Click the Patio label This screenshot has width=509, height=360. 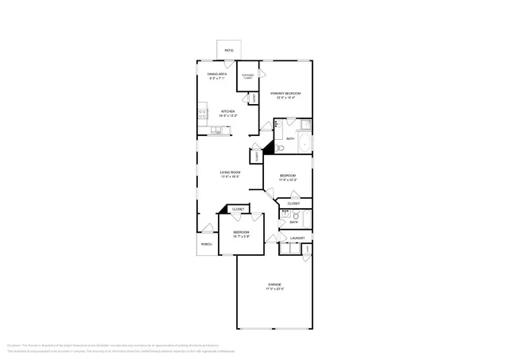pyautogui.click(x=228, y=51)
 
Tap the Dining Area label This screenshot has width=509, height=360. pyautogui.click(x=217, y=75)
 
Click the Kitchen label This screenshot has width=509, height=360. pyautogui.click(x=227, y=111)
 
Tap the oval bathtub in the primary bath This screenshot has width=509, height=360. pyautogui.click(x=306, y=144)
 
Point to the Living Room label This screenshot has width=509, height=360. pyautogui.click(x=230, y=172)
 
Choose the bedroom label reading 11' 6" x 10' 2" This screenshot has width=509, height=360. pyautogui.click(x=287, y=180)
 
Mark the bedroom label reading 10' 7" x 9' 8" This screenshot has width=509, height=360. pyautogui.click(x=241, y=235)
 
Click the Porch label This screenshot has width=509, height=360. pyautogui.click(x=206, y=244)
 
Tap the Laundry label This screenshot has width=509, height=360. pyautogui.click(x=297, y=238)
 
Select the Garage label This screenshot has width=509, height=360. pyautogui.click(x=274, y=284)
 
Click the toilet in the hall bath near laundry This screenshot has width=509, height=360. pyautogui.click(x=285, y=215)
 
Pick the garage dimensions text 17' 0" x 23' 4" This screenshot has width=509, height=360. pyautogui.click(x=274, y=289)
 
